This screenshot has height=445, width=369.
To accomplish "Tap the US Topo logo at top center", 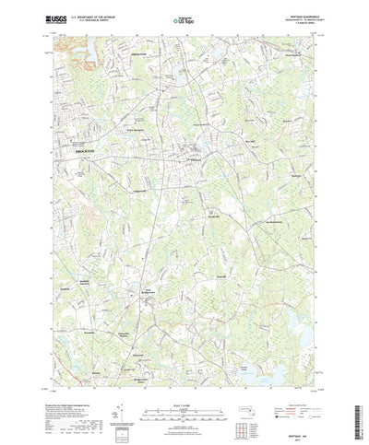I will point(184,18).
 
